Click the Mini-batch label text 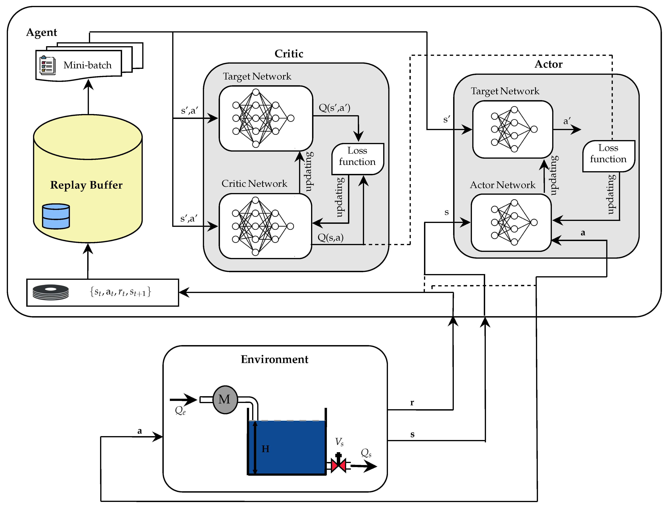coord(88,65)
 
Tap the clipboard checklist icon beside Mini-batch coord(48,65)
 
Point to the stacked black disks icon coord(50,292)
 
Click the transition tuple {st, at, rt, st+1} coord(120,292)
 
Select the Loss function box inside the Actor coord(609,156)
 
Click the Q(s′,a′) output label coord(334,108)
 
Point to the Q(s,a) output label coord(331,237)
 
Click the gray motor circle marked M coord(225,399)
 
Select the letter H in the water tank coord(265,449)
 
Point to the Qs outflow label coord(366,453)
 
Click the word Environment coord(274,359)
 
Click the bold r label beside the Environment coord(412,402)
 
